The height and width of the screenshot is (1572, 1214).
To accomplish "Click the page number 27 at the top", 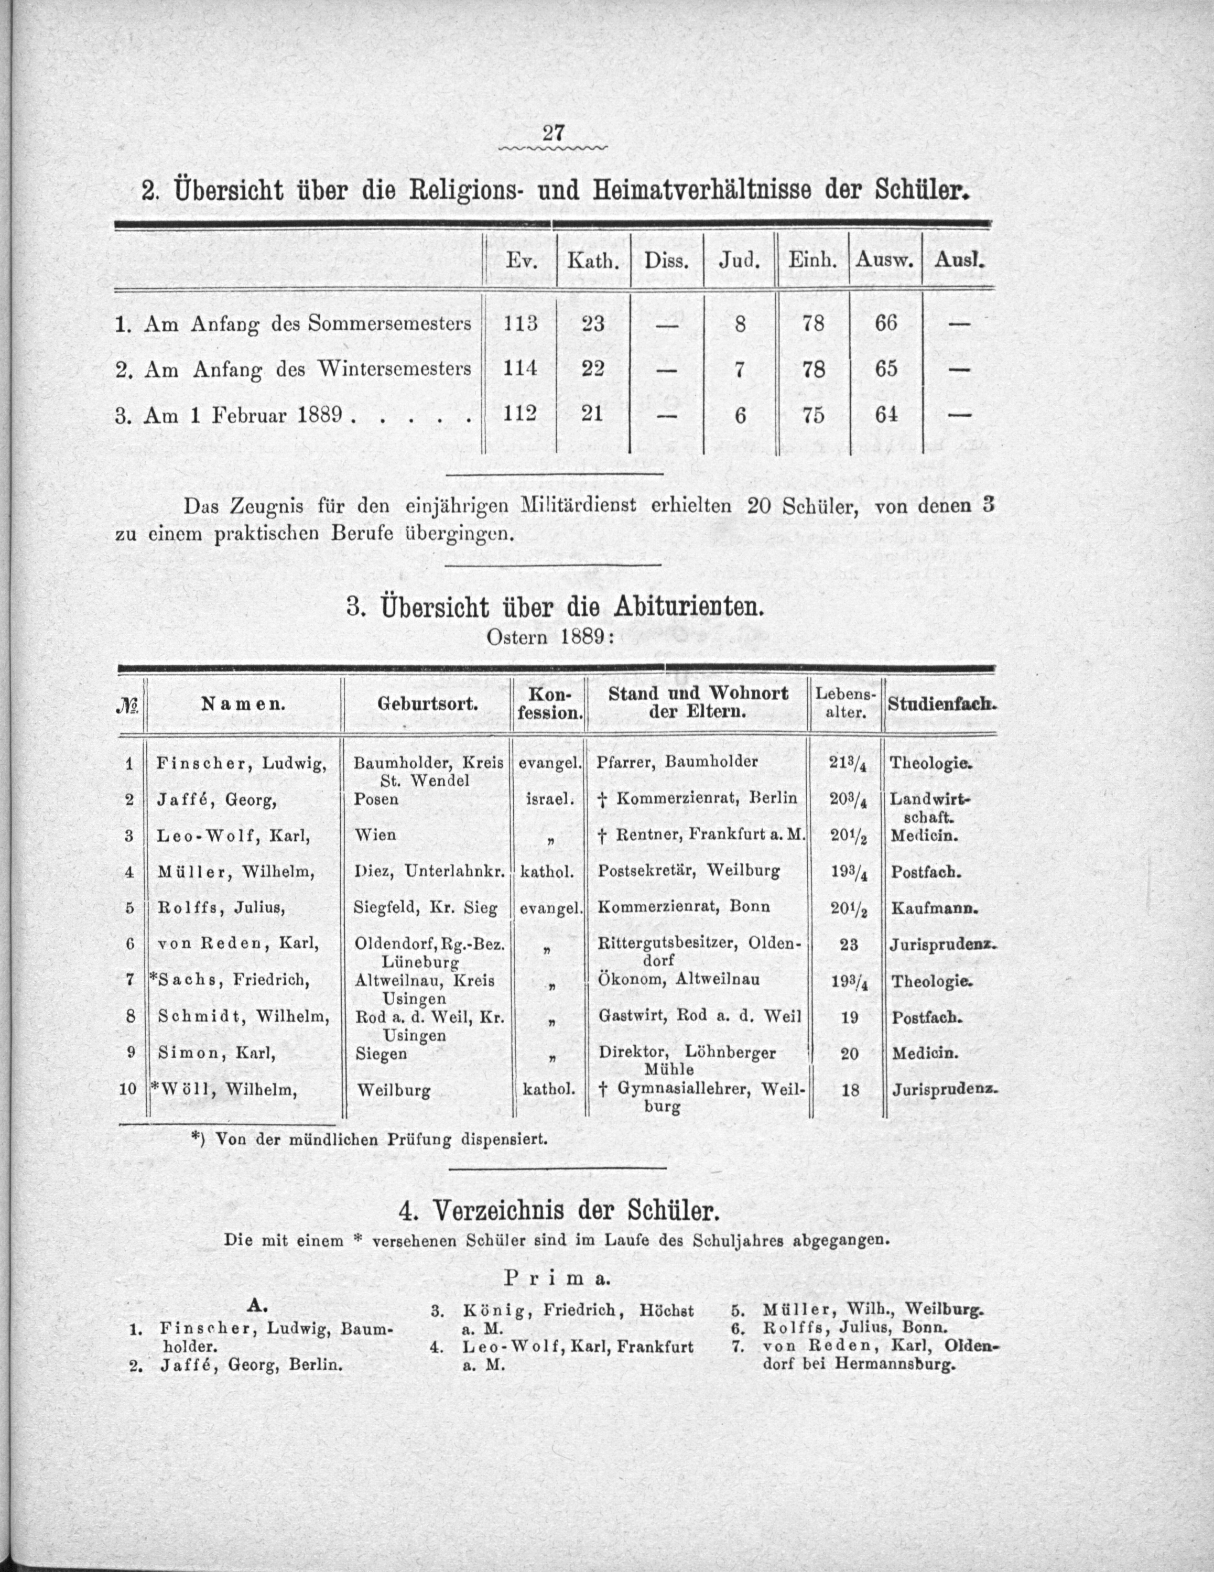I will tap(552, 133).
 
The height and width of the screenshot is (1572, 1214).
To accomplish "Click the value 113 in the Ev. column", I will tap(521, 323).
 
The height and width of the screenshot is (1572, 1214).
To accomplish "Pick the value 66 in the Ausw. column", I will tap(885, 323).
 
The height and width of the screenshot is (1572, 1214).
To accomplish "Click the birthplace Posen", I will tap(376, 799).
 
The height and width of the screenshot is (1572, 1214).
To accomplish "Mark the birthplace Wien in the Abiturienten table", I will tap(375, 835).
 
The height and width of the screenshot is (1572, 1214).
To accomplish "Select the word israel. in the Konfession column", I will tap(550, 799).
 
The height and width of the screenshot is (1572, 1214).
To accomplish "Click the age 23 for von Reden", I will tap(849, 945).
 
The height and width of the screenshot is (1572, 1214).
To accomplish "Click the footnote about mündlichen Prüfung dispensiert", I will tap(369, 1140).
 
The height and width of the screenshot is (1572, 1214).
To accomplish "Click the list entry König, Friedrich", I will tap(547, 1310).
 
